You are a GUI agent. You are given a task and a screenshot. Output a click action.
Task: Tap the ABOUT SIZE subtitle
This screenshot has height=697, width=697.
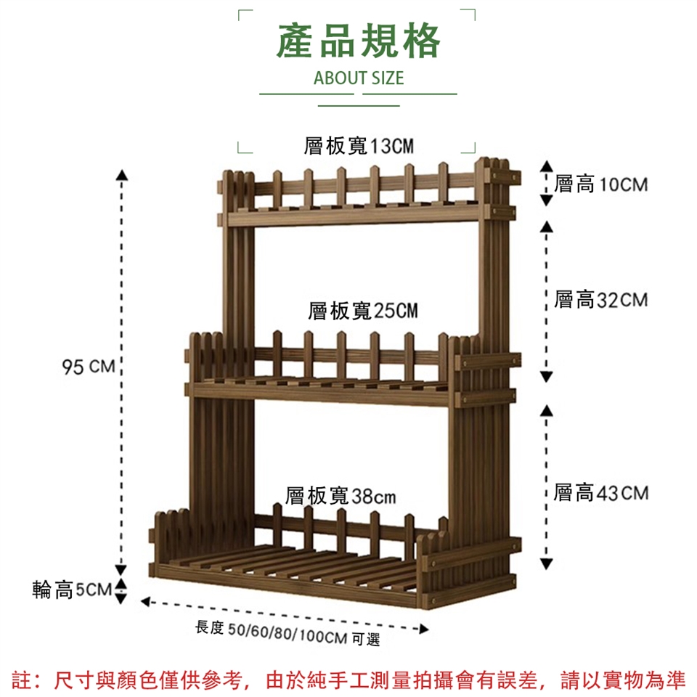click(358, 78)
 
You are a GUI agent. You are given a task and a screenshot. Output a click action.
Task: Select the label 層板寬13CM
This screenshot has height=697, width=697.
click(359, 147)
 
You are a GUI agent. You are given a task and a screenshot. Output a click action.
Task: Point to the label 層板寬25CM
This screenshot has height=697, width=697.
click(362, 311)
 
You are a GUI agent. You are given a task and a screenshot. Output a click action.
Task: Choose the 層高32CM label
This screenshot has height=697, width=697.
click(600, 299)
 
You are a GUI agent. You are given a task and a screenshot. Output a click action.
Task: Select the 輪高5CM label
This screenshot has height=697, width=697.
click(72, 590)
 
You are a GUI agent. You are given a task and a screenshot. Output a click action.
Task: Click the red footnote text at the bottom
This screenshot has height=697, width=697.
click(348, 680)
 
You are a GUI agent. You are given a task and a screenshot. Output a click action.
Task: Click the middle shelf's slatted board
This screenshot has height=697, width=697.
click(327, 383)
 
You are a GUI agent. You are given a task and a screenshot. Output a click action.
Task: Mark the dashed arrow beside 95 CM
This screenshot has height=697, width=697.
click(123, 370)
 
